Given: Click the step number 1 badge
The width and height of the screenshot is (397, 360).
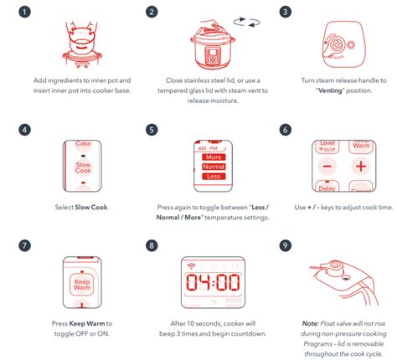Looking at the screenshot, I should pyautogui.click(x=25, y=13).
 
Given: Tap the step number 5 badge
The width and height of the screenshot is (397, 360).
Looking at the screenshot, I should pyautogui.click(x=151, y=131).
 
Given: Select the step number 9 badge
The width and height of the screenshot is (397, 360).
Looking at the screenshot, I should pyautogui.click(x=286, y=247).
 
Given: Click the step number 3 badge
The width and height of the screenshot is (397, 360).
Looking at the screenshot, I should pyautogui.click(x=286, y=13).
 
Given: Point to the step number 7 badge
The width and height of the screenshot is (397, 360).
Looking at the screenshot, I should pyautogui.click(x=25, y=247).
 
